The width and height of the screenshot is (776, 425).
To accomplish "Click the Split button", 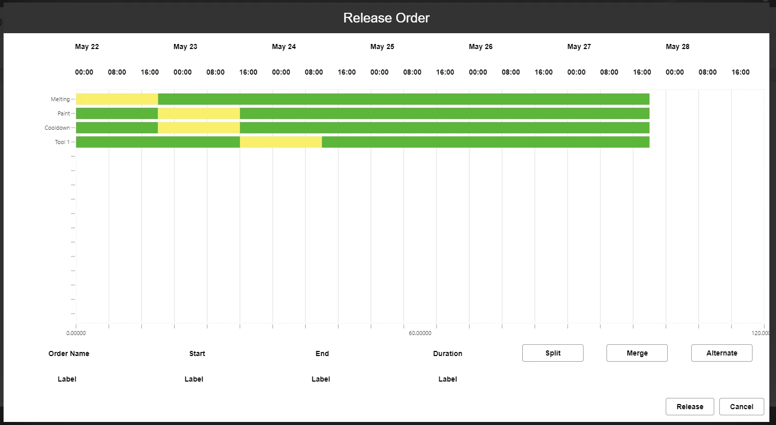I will click(552, 353).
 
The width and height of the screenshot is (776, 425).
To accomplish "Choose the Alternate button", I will click(721, 353).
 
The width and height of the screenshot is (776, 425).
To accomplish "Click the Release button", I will click(690, 407).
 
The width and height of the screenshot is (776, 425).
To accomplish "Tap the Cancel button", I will click(741, 407).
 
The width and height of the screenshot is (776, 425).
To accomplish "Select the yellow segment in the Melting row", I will click(117, 99).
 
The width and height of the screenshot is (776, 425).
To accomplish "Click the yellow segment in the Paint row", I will click(199, 113).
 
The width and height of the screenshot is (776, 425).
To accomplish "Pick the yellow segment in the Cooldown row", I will click(199, 128).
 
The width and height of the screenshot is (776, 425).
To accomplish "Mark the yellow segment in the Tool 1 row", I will click(281, 142).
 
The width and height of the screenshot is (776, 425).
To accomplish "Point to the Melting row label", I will click(60, 99).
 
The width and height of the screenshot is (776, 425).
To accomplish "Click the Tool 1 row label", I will click(62, 142).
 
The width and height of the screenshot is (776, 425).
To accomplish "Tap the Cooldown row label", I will click(57, 128).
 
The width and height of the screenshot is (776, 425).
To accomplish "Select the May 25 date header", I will click(382, 46).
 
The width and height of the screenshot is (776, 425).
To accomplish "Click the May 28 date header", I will click(677, 46).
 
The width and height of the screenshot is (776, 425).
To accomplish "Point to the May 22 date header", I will click(87, 46).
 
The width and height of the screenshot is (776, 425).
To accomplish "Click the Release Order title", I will click(386, 18).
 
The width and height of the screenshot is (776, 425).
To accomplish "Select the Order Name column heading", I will click(69, 353).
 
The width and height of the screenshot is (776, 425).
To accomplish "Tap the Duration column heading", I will click(448, 353).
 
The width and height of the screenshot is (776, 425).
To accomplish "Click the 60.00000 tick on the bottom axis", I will click(420, 333).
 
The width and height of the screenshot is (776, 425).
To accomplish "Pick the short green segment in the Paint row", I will click(117, 113).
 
